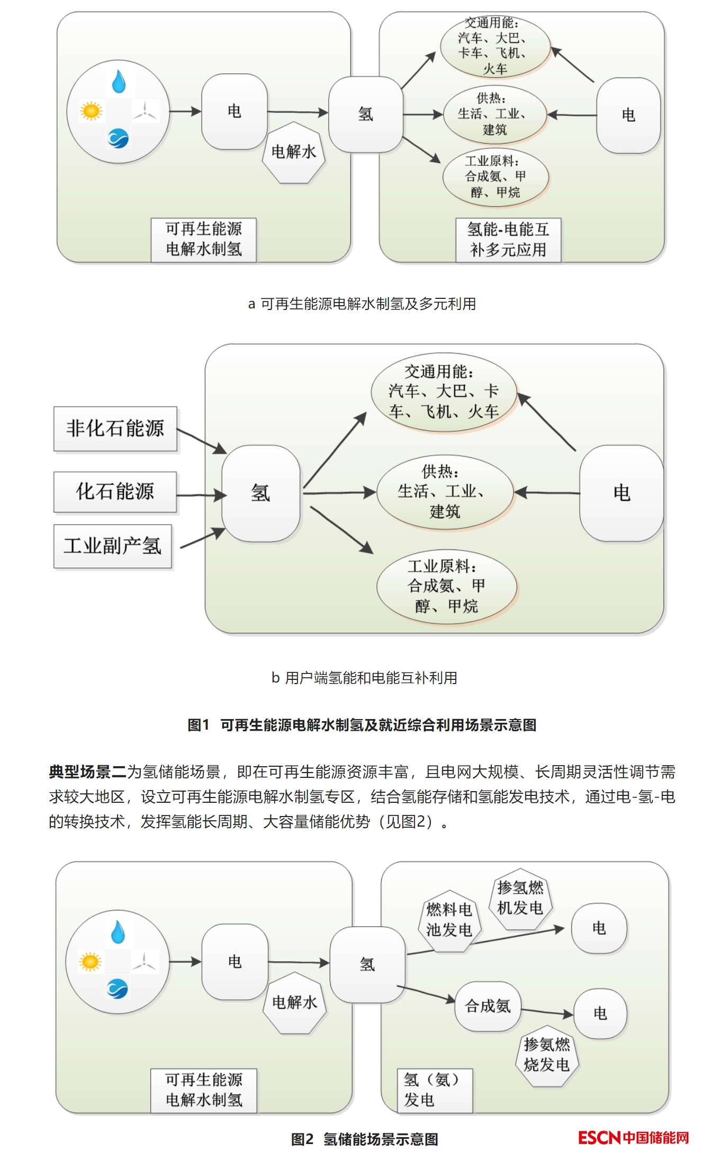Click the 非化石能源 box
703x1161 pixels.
point(115,429)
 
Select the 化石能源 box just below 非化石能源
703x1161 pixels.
point(115,492)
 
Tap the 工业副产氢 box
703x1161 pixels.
point(112,546)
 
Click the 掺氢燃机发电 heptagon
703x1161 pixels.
point(520,899)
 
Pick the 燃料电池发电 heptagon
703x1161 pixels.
point(449,920)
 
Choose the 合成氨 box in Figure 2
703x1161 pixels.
point(488,1006)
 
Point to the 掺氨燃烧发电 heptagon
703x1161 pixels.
point(547,1055)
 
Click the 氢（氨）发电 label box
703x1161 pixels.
point(434,1090)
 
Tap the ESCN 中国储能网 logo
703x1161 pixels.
point(633,1138)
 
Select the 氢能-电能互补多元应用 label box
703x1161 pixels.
point(508,240)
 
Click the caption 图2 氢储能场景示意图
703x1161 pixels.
point(364,1139)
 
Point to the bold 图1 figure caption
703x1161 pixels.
point(362,725)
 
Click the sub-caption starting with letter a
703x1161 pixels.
point(362,304)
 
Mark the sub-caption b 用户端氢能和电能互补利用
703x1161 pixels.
point(364,678)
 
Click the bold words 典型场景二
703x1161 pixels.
point(87,772)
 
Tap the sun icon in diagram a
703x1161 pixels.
point(91,111)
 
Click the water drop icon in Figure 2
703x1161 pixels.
point(118,932)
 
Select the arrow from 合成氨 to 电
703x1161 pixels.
point(547,1013)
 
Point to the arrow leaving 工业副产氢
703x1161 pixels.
point(202,538)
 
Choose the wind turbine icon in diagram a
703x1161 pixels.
point(145,111)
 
